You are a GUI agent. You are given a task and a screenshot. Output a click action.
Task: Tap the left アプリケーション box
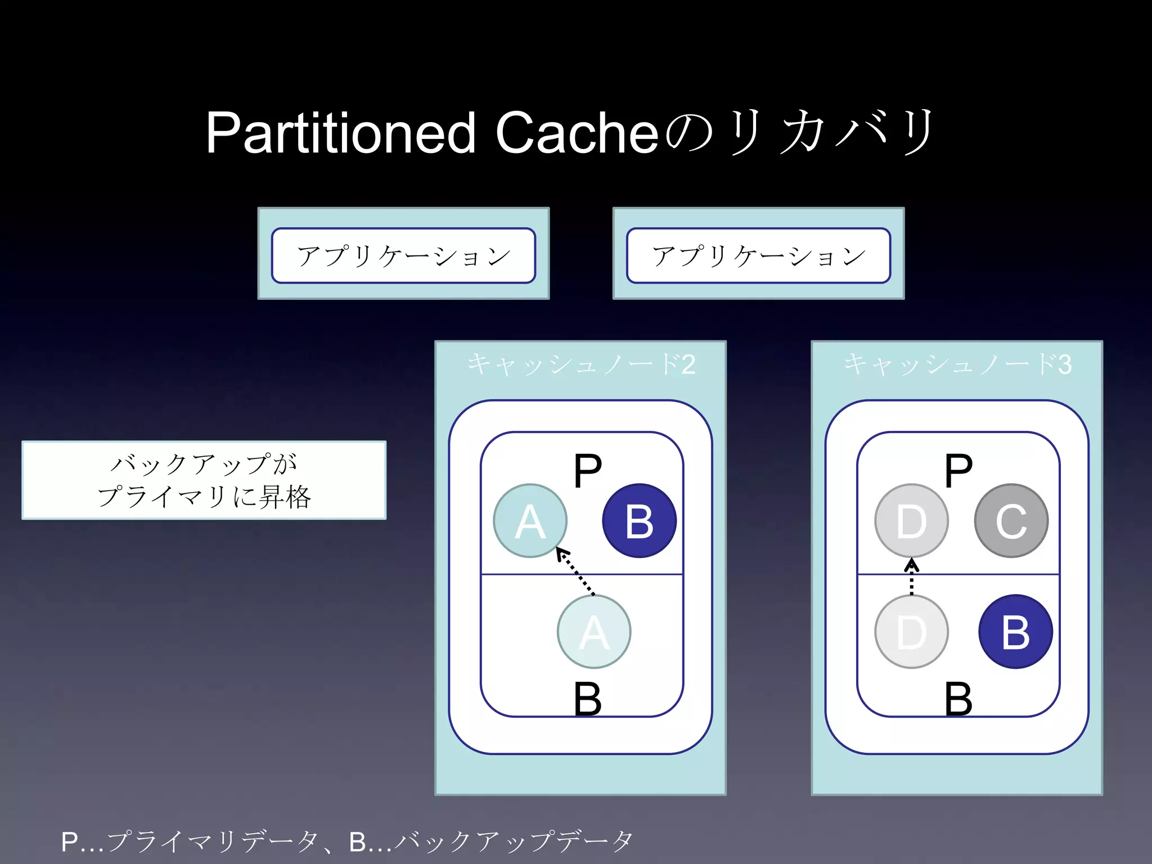click(403, 255)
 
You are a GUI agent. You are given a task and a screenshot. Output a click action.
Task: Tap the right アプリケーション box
click(758, 255)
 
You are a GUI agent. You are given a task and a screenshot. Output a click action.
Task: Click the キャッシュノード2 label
click(581, 364)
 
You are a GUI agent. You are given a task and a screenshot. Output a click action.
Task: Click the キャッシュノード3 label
click(957, 364)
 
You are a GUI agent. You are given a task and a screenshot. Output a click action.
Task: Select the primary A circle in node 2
click(530, 521)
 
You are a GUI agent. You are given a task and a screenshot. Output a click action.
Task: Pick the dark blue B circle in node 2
click(639, 521)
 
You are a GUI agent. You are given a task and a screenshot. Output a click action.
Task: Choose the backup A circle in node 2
click(594, 632)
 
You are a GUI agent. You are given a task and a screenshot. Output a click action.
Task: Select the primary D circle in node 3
click(911, 521)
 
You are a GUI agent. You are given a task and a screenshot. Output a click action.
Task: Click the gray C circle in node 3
click(1011, 521)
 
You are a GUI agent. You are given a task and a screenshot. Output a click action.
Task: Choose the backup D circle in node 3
click(911, 632)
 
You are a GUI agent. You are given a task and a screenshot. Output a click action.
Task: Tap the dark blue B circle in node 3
click(1015, 632)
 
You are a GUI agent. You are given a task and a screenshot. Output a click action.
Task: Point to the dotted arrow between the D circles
click(911, 577)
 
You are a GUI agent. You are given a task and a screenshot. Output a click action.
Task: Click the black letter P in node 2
click(588, 471)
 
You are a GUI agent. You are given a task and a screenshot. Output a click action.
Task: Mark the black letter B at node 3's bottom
click(958, 699)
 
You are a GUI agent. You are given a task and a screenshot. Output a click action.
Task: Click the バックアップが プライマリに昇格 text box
click(204, 480)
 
